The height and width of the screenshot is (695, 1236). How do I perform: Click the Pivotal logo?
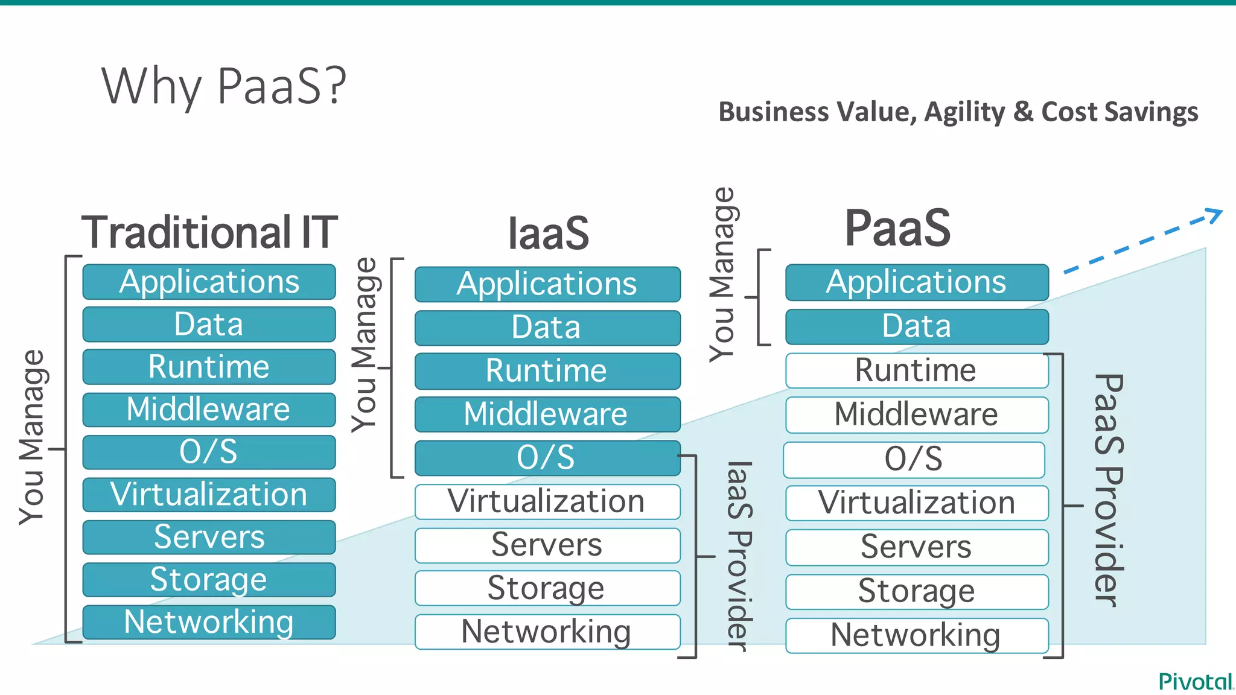1195,681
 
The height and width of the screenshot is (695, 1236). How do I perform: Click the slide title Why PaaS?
224,86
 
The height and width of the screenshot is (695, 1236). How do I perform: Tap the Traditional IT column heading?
209,232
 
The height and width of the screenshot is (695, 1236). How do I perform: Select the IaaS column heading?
548,234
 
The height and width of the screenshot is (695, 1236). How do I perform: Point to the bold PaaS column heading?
897,228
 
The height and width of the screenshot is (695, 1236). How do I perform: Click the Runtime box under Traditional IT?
209,367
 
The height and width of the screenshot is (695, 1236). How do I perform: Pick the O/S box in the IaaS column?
547,458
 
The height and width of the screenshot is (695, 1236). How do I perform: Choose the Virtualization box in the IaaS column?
547,501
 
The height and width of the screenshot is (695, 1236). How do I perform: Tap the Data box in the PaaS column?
917,326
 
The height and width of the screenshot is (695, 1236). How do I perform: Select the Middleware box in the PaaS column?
917,414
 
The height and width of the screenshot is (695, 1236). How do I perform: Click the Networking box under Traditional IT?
209,622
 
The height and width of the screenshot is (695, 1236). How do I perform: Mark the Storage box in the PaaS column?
917,591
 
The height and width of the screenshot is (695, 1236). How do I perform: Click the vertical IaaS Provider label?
739,556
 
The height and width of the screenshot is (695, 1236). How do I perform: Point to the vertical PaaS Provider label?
1108,490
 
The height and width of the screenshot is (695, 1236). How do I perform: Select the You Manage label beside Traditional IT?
31,437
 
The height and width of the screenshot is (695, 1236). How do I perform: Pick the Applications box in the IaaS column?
547,284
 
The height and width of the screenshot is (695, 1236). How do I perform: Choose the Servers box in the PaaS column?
917,547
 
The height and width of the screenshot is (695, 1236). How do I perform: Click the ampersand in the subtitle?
1023,112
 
